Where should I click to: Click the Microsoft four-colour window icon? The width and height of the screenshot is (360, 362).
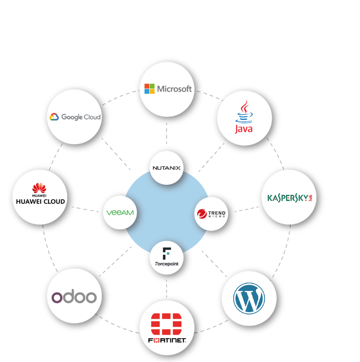coord(150,89)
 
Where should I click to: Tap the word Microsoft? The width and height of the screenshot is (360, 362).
coord(174,89)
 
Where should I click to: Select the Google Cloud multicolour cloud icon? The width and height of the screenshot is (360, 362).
coord(54,117)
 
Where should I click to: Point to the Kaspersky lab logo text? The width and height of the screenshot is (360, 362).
coord(289,197)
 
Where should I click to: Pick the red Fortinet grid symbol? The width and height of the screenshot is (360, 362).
coord(166,324)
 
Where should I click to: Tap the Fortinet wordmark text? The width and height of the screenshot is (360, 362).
coord(167,341)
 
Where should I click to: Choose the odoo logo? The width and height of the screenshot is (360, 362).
coord(74,296)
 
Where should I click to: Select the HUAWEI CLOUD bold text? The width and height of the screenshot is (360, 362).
coord(40,202)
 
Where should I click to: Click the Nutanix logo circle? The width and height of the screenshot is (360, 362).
coord(166,168)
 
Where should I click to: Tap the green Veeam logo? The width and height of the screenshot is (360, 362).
coord(120,213)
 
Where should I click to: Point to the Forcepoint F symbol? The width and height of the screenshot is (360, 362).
coord(166,253)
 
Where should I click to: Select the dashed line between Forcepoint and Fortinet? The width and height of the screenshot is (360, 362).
coord(166,287)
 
